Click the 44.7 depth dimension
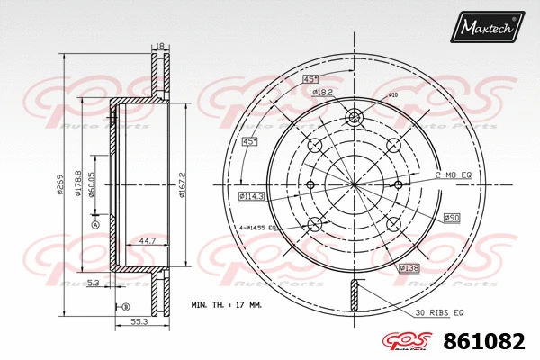144,241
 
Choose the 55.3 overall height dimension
138,321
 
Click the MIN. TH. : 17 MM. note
227,306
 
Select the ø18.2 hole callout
323,92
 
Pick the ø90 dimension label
452,218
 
